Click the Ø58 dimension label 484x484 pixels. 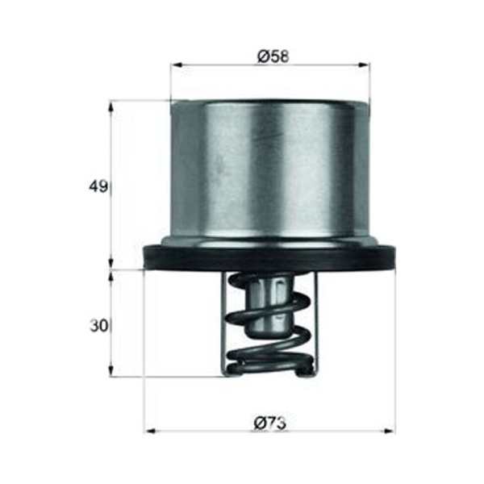tap(273, 57)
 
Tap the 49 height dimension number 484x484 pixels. tap(98, 187)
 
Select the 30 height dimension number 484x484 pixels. tap(98, 326)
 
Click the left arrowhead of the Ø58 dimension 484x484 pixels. tap(177, 65)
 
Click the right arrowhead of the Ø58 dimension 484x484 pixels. tap(364, 65)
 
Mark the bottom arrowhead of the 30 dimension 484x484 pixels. tap(111, 370)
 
